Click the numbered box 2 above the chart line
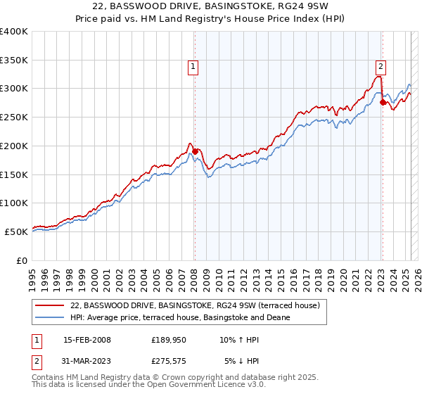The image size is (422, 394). (x=380, y=67)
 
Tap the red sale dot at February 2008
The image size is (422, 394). (x=195, y=151)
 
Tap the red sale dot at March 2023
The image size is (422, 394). (x=383, y=102)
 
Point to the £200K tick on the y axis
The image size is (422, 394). (x=14, y=146)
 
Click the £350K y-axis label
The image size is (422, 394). (x=14, y=61)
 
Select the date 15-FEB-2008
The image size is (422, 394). (x=87, y=340)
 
